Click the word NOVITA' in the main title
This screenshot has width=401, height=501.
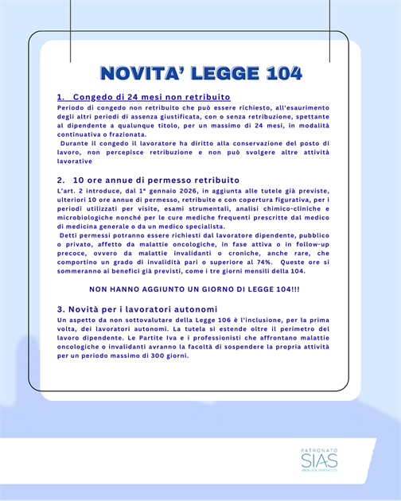click(x=144, y=74)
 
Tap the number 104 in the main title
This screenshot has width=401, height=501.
click(x=280, y=74)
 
